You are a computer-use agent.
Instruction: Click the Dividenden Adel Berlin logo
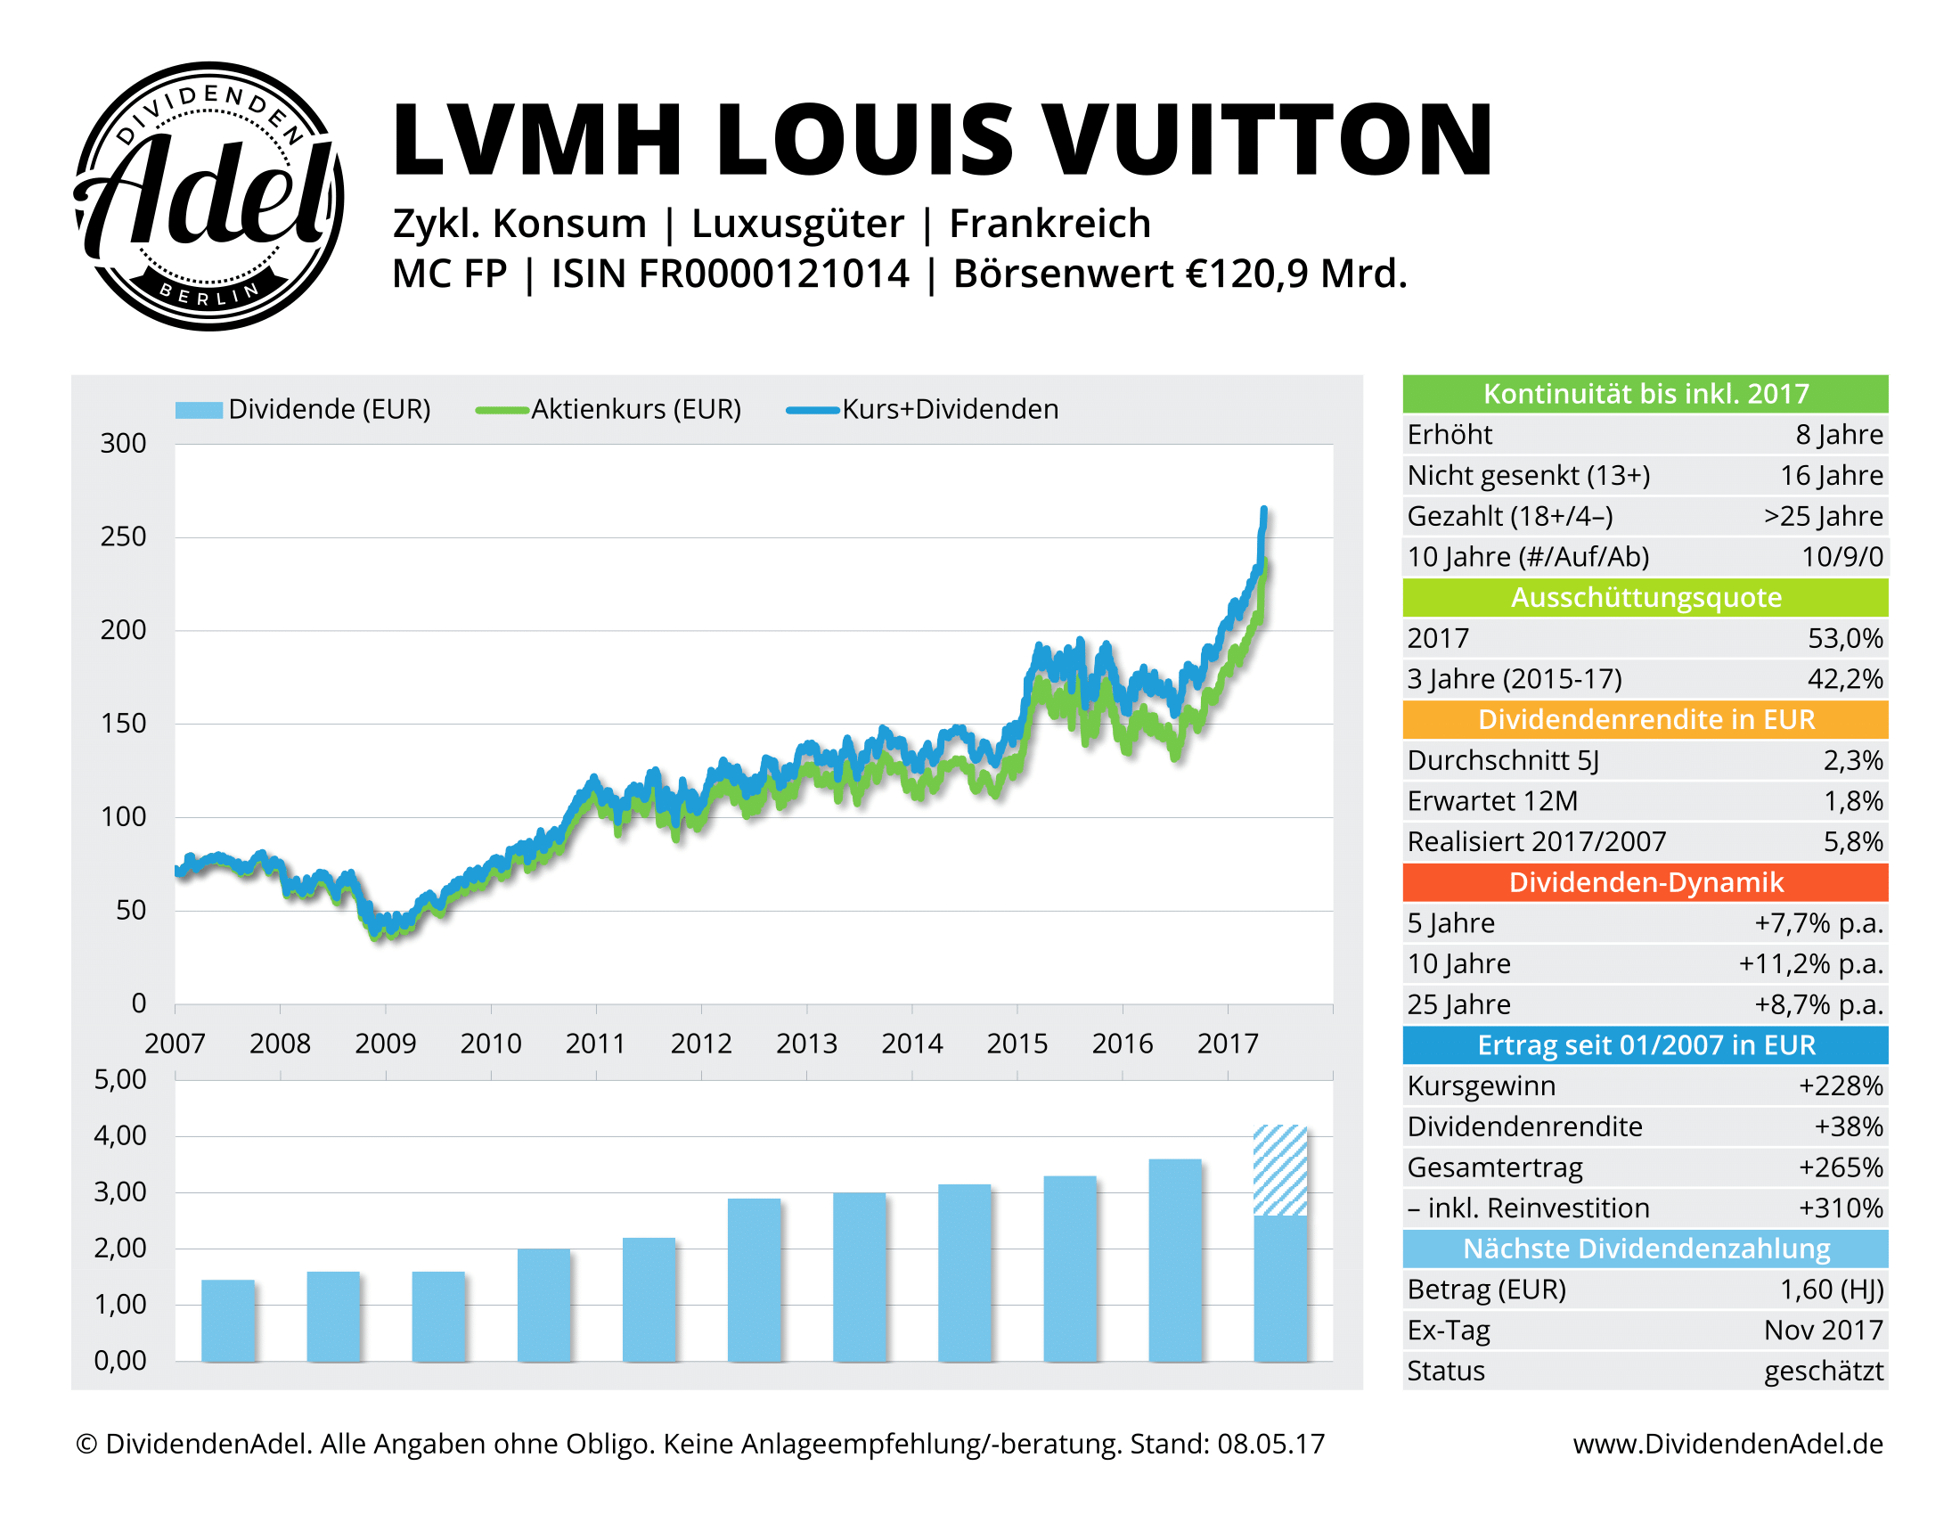[x=208, y=196]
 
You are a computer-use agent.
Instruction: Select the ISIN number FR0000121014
[x=730, y=274]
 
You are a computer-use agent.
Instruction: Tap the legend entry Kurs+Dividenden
[x=949, y=409]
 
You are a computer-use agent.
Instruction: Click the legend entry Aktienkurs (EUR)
[x=635, y=409]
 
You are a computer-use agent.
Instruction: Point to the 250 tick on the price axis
[x=123, y=536]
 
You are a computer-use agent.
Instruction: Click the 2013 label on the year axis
[x=806, y=1043]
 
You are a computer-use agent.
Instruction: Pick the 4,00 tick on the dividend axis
[x=120, y=1135]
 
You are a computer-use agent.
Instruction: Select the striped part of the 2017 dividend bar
[x=1279, y=1170]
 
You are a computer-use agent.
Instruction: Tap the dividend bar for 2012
[x=754, y=1279]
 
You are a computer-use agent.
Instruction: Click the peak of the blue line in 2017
[x=1263, y=510]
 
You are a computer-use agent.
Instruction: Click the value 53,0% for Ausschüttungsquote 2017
[x=1844, y=638]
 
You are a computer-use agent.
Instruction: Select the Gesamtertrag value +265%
[x=1840, y=1167]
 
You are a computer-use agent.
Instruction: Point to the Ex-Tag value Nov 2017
[x=1823, y=1330]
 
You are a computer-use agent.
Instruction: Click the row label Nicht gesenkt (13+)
[x=1527, y=475]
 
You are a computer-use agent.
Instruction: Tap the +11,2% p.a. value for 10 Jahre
[x=1810, y=963]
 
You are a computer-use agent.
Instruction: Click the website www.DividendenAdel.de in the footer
[x=1727, y=1443]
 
